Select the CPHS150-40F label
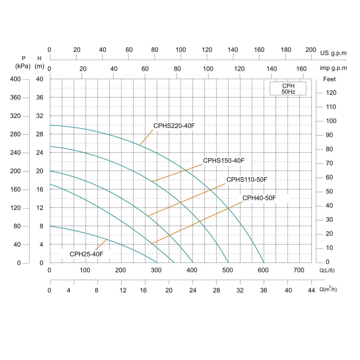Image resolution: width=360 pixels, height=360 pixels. [x=224, y=161]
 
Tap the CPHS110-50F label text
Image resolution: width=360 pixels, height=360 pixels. [x=247, y=179]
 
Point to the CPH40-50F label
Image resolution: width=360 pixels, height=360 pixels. [x=259, y=198]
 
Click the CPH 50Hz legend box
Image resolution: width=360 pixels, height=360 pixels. [x=288, y=88]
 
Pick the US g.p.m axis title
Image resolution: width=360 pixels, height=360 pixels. [x=333, y=53]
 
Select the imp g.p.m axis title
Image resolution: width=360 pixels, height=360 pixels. [x=333, y=68]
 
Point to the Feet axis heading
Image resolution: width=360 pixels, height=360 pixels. [x=329, y=79]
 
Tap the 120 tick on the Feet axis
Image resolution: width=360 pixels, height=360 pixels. [x=331, y=93]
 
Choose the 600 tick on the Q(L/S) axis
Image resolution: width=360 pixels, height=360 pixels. [x=264, y=270]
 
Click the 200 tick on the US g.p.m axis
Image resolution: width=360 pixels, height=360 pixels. [x=311, y=50]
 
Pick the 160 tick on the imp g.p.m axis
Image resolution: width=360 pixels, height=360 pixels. [x=302, y=69]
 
